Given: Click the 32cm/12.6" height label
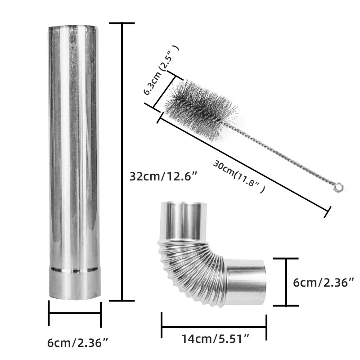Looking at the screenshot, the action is pos(163,177).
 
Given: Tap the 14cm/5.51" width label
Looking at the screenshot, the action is pos(216,339).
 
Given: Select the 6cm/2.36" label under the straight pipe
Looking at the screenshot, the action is pos(77,343).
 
